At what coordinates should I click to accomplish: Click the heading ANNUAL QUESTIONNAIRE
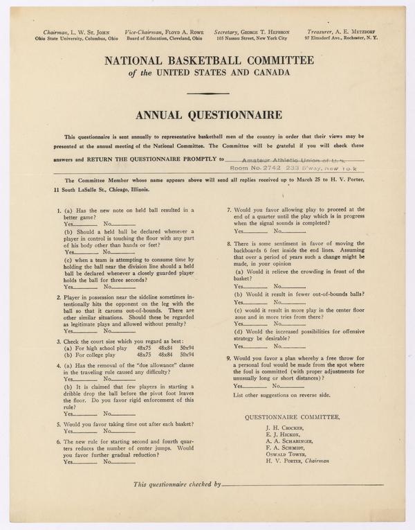pyautogui.click(x=207, y=114)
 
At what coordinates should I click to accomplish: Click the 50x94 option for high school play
pyautogui.click(x=187, y=347)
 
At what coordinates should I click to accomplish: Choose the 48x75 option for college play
pyautogui.click(x=145, y=355)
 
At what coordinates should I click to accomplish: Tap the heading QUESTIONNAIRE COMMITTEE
pyautogui.click(x=292, y=416)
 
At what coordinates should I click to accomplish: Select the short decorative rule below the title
pyautogui.click(x=207, y=94)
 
